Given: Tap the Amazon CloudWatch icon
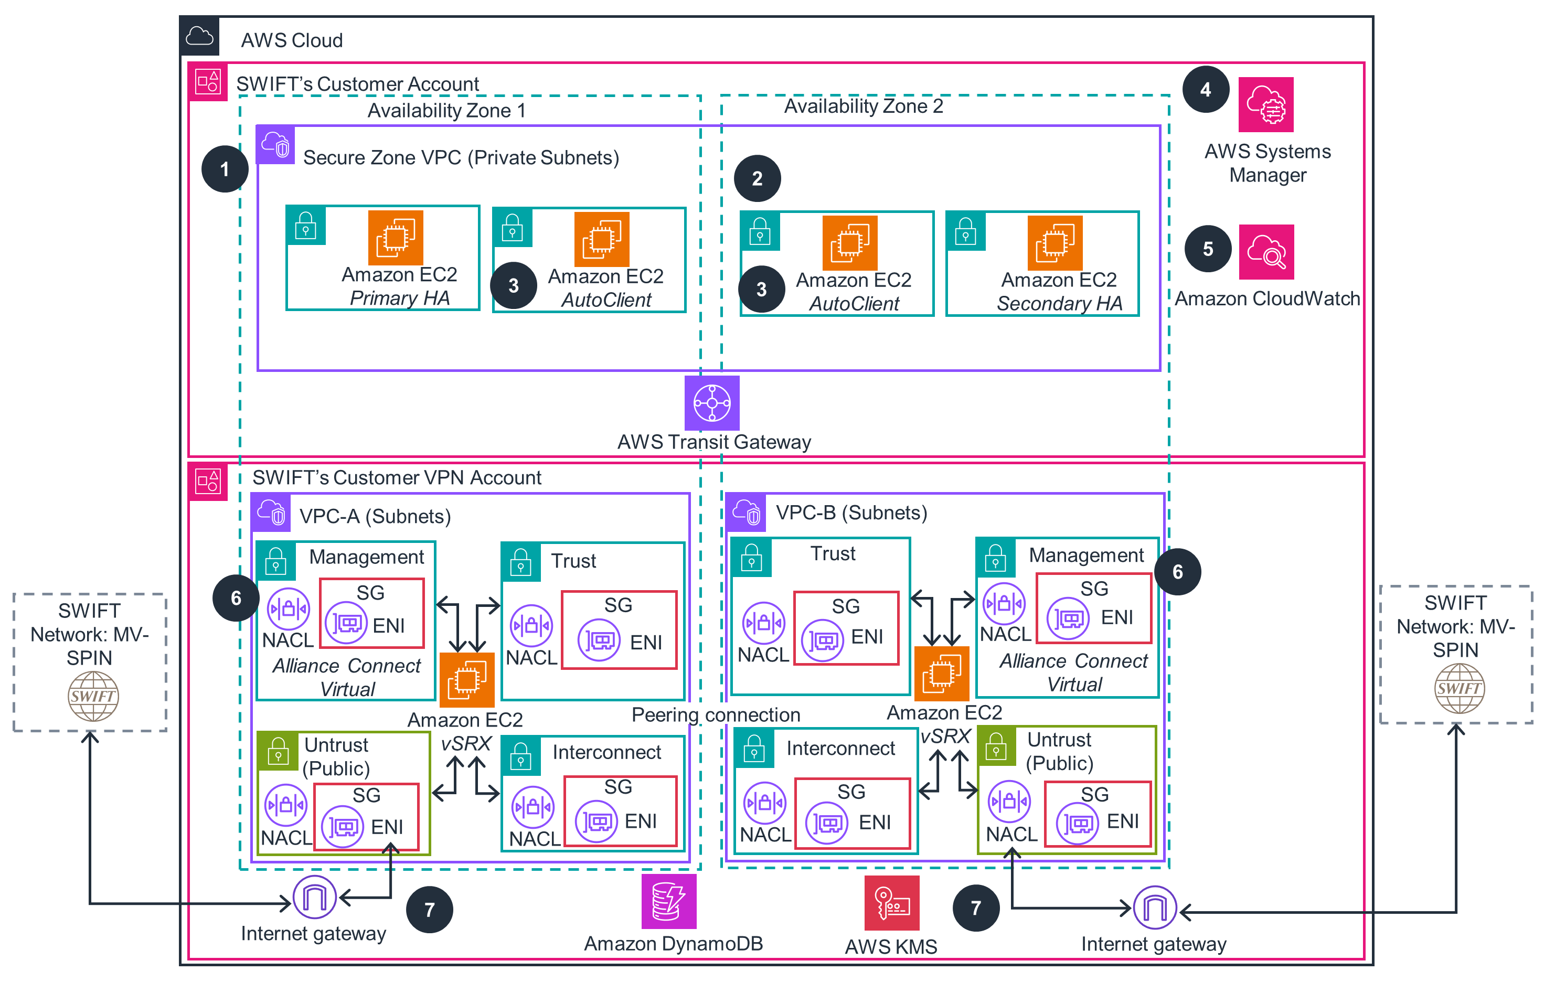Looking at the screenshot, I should pyautogui.click(x=1266, y=252).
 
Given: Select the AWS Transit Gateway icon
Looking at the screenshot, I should pyautogui.click(x=711, y=403).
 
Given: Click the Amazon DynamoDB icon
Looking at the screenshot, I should pyautogui.click(x=669, y=901).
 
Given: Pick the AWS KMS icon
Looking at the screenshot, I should pyautogui.click(x=891, y=903).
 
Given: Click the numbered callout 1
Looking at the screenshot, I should pyautogui.click(x=225, y=169).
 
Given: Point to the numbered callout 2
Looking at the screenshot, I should pyautogui.click(x=757, y=178).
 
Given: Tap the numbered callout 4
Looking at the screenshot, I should pyautogui.click(x=1205, y=90).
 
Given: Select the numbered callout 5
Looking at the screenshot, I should pyautogui.click(x=1208, y=249).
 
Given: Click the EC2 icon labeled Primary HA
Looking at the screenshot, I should pyautogui.click(x=395, y=238).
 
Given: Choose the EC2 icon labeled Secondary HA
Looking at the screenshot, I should pyautogui.click(x=1055, y=243).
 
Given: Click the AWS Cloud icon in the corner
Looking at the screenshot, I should pyautogui.click(x=199, y=36).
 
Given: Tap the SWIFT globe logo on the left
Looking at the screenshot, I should pyautogui.click(x=93, y=696).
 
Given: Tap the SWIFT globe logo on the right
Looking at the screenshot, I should pyautogui.click(x=1459, y=688).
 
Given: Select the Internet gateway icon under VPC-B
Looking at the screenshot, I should pyautogui.click(x=1155, y=907).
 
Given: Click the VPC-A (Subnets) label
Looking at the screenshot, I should pyautogui.click(x=375, y=517).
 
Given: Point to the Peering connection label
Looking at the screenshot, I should pyautogui.click(x=716, y=714).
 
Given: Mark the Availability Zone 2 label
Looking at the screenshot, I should pyautogui.click(x=864, y=106).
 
